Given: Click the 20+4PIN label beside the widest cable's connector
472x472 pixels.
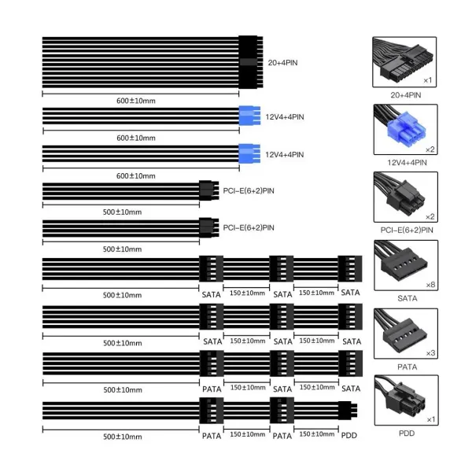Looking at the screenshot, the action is point(282,63).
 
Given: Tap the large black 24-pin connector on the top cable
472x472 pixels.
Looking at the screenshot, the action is point(251,62).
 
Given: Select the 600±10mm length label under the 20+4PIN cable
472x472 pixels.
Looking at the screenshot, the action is point(136,101).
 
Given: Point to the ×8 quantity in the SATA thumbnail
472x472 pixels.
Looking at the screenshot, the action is point(430,285).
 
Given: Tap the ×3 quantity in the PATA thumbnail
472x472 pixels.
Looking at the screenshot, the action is point(431,352).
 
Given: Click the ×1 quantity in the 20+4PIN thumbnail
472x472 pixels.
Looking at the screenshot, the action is point(428,80).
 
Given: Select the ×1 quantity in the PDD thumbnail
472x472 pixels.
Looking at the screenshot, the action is point(431,419).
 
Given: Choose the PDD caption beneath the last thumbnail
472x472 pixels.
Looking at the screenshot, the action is point(407,433).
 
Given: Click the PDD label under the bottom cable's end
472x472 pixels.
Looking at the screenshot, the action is point(348,435).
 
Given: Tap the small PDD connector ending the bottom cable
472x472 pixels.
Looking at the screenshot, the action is point(348,411).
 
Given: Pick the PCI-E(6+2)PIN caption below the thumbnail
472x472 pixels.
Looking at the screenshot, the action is point(407,230).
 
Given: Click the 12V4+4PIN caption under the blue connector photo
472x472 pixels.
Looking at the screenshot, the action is point(407,163).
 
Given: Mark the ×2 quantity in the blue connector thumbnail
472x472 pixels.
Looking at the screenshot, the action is point(430,149).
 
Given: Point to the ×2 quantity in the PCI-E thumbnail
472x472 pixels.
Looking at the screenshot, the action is point(430,217).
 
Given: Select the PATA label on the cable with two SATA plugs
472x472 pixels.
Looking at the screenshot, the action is point(212,389).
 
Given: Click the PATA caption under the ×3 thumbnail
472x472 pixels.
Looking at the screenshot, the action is point(407,367).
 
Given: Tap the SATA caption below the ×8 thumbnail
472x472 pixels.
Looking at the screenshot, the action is point(407,298).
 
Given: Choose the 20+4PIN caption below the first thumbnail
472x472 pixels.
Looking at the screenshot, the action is point(406,95).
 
